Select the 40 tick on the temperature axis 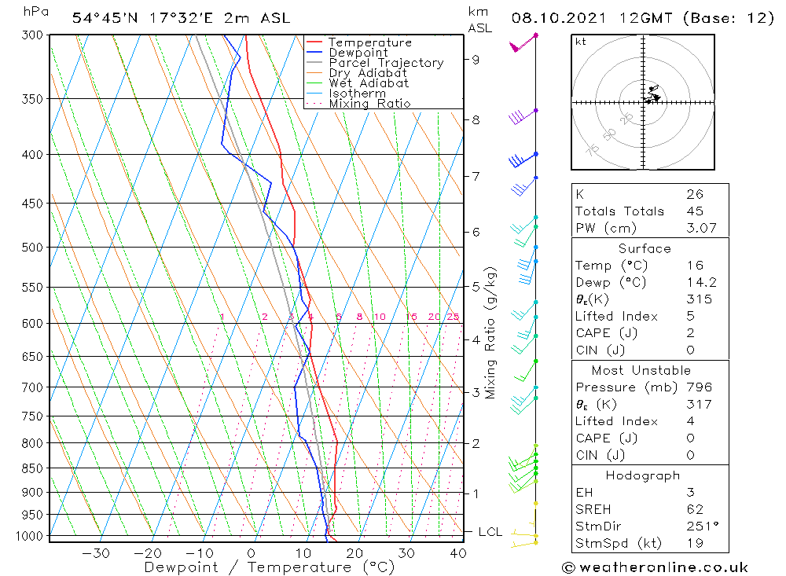[457, 553]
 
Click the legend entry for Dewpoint [358, 53]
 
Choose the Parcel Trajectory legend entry [386, 63]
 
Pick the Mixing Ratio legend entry [369, 103]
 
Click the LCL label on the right [490, 532]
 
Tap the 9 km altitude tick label [476, 59]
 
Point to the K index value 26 [694, 194]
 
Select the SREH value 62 [694, 508]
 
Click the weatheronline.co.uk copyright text [655, 567]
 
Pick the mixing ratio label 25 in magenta [453, 317]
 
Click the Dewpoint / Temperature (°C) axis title [270, 567]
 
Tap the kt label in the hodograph [581, 42]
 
